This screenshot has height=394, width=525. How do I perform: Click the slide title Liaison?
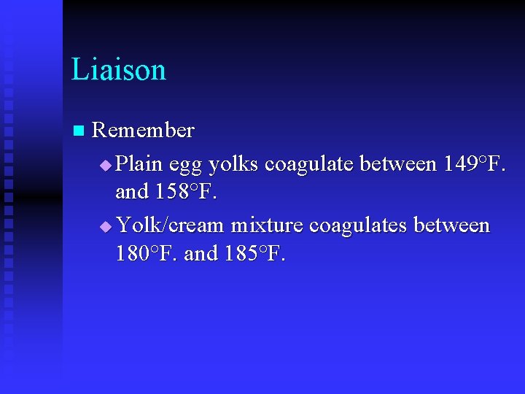point(119,69)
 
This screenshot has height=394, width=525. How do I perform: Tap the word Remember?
point(144,131)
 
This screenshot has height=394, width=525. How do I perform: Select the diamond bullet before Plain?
point(106,164)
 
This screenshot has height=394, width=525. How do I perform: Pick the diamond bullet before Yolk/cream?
point(106,228)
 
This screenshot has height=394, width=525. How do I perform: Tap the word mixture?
point(266,226)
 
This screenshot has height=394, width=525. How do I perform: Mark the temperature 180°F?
point(147,255)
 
